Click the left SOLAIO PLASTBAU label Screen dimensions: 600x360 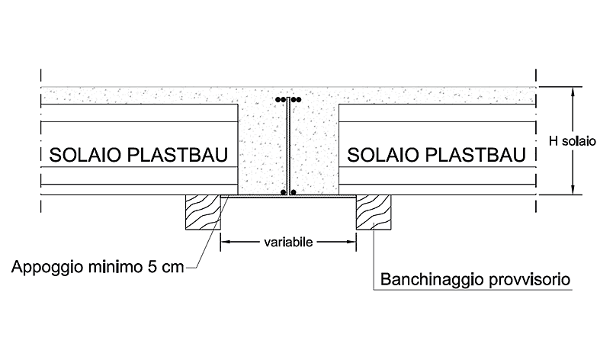[x=139, y=155]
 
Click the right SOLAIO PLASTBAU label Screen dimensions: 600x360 [x=437, y=155]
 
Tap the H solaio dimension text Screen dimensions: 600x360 [x=573, y=141]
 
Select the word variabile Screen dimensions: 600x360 [x=288, y=242]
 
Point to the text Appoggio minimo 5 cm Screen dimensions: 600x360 [x=98, y=267]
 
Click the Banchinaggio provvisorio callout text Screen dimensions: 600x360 [x=475, y=279]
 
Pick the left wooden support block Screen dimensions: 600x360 [x=204, y=212]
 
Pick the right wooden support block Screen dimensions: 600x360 [x=374, y=212]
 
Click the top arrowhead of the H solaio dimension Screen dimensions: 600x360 [x=573, y=92]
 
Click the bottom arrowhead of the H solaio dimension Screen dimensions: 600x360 [x=573, y=190]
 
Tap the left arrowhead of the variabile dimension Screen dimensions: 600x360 [x=225, y=242]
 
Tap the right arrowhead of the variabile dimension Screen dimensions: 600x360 [x=351, y=242]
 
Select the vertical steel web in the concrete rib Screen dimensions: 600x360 [x=287, y=146]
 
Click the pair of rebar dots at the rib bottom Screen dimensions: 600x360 [x=288, y=192]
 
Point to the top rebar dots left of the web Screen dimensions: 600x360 [x=281, y=100]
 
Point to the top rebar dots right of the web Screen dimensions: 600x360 [x=296, y=100]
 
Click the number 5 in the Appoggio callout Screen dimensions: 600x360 [x=152, y=266]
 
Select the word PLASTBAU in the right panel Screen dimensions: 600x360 [x=476, y=155]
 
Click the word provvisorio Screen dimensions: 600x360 [x=531, y=280]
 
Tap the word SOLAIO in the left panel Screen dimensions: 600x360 [x=85, y=155]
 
